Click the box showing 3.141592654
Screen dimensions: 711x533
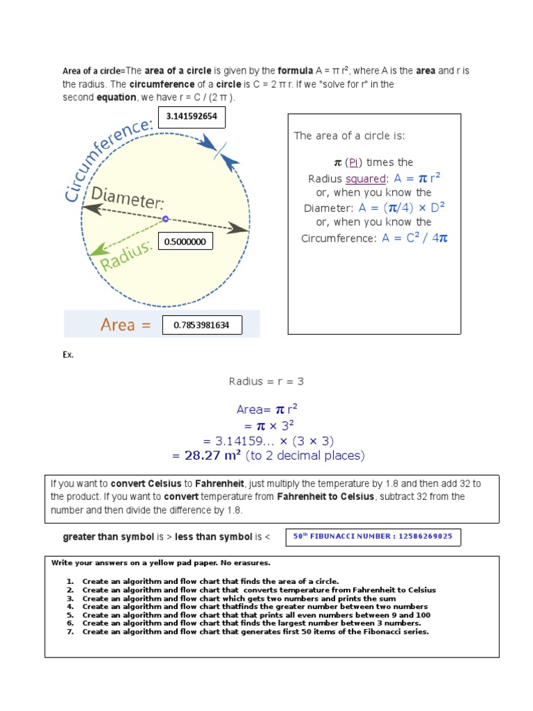click(192, 117)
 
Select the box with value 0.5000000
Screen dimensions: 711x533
click(185, 242)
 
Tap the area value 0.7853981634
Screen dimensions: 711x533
click(202, 325)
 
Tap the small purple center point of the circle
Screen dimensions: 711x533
click(165, 219)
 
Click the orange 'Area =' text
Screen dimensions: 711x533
click(126, 325)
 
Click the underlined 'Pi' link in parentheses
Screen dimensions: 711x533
click(354, 162)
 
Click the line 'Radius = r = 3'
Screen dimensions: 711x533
click(266, 381)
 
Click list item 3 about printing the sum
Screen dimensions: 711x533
click(239, 599)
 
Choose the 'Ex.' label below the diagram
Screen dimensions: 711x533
click(68, 355)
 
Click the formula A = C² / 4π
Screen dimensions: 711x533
click(414, 238)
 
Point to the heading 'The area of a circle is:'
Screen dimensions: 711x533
click(349, 135)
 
